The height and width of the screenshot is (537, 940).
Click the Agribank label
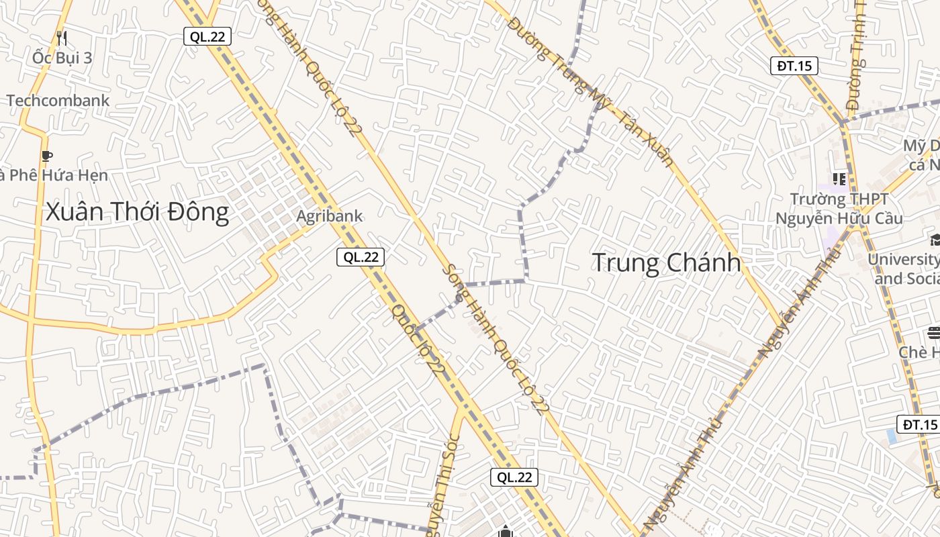point(330,216)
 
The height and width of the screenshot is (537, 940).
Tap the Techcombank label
point(58,101)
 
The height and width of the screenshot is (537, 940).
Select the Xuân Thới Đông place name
point(137,212)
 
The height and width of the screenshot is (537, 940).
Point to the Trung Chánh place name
point(666,262)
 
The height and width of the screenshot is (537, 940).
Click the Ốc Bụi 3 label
point(62,58)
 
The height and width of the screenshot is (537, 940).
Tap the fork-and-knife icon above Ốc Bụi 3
point(62,38)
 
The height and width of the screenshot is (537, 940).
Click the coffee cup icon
point(46,156)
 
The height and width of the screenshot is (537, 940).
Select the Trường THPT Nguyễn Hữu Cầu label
point(839,209)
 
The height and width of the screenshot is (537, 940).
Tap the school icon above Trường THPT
point(839,179)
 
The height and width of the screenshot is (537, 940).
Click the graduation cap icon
point(934,240)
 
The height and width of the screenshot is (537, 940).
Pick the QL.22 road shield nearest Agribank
point(361,256)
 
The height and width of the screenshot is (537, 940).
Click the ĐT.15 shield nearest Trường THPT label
point(794,65)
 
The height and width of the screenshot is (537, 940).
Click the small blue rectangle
point(891,436)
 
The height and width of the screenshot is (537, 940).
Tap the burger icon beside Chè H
point(933,332)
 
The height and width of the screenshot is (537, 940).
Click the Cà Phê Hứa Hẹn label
point(54,175)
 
